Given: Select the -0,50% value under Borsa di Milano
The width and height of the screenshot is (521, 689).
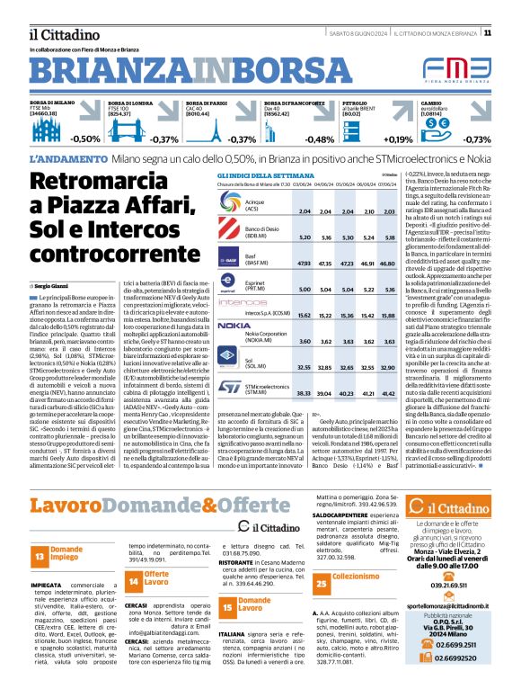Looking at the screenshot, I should tap(85, 139).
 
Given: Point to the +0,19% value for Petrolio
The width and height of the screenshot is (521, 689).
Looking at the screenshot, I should tap(397, 139).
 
